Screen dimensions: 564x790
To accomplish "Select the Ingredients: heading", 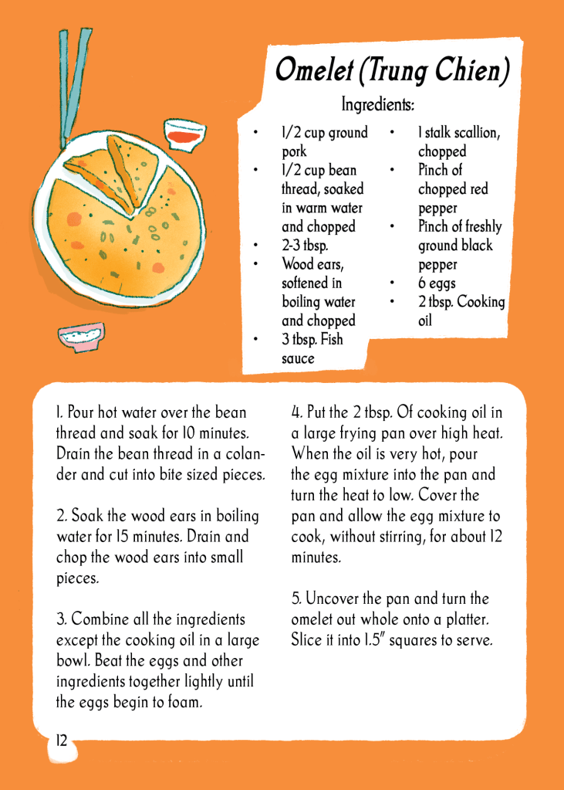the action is [378, 105].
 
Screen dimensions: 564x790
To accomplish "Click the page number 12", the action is [61, 741].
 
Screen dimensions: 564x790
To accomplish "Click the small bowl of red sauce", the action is [185, 134].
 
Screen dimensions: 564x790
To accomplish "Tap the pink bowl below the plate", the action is [81, 337].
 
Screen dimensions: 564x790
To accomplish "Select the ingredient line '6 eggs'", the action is [437, 283].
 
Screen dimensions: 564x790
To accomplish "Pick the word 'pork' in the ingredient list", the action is [294, 152].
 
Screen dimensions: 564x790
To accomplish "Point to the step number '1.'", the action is [59, 412].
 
